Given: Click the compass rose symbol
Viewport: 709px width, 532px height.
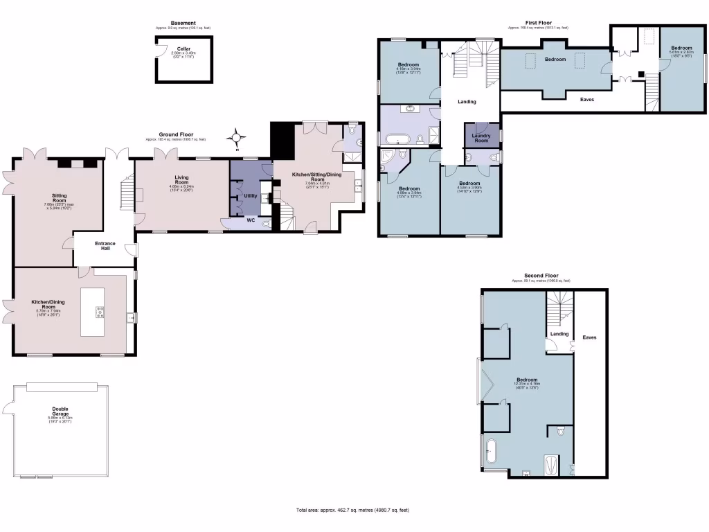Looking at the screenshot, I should (237, 139).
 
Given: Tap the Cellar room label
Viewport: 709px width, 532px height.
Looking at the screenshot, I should (183, 48).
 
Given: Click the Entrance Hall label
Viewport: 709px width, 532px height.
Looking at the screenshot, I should (106, 245).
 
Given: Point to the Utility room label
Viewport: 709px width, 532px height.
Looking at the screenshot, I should (251, 196).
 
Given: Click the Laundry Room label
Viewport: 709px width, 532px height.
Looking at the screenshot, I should (481, 138).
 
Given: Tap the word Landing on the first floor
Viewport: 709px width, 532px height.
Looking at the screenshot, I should (467, 102).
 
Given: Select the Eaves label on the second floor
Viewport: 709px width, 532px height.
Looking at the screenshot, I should (589, 337).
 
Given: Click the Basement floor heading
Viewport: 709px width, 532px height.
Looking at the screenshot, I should (183, 23).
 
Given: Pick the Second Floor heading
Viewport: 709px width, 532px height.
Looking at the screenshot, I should (541, 276).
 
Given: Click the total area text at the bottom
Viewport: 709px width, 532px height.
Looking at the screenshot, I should (353, 510).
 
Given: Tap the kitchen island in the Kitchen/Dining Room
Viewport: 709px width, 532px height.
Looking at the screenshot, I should (92, 312).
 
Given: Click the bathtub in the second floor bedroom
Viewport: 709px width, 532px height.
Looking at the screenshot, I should (491, 450).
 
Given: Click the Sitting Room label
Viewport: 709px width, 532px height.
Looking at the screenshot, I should (60, 198).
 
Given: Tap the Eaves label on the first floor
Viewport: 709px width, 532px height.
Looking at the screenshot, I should (586, 99).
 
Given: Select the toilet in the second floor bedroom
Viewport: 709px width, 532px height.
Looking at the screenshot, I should (561, 431).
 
